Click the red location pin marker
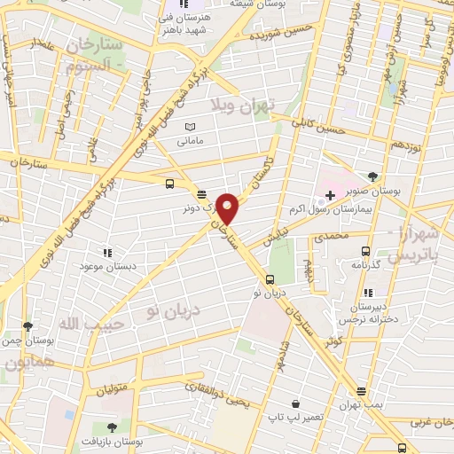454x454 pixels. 229,207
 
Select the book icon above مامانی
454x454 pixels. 190,128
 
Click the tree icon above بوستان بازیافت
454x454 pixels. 110,428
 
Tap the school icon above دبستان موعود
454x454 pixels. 107,253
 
